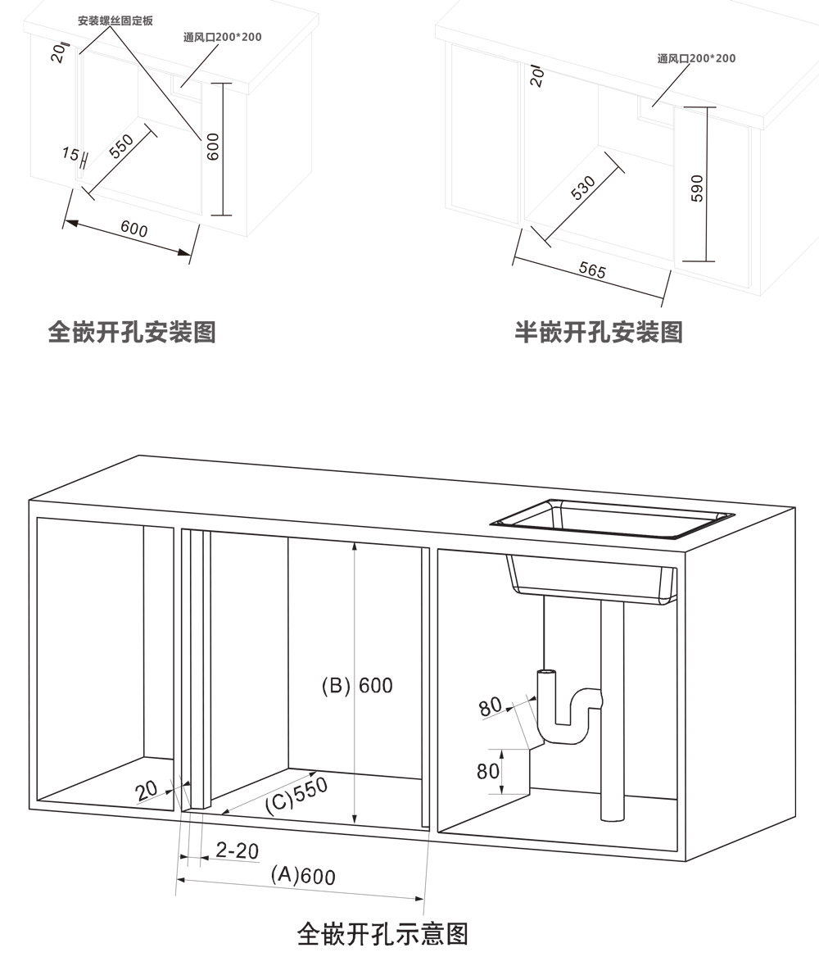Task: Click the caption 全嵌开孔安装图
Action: [x=132, y=332]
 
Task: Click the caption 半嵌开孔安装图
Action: [x=599, y=332]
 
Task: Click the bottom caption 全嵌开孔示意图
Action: [x=382, y=933]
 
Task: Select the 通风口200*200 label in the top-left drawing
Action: [x=223, y=37]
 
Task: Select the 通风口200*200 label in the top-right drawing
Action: [x=696, y=58]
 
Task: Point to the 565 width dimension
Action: [x=592, y=270]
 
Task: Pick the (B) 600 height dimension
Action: [x=357, y=685]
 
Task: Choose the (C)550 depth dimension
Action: [x=296, y=795]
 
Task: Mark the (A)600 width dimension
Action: [x=302, y=875]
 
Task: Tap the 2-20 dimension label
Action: [x=237, y=850]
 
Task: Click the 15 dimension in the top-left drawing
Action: [x=70, y=154]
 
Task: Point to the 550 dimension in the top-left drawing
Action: [x=121, y=147]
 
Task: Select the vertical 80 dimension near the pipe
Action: [x=488, y=771]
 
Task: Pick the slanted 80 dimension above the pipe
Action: [x=491, y=706]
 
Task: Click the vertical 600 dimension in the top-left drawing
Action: [x=213, y=147]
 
